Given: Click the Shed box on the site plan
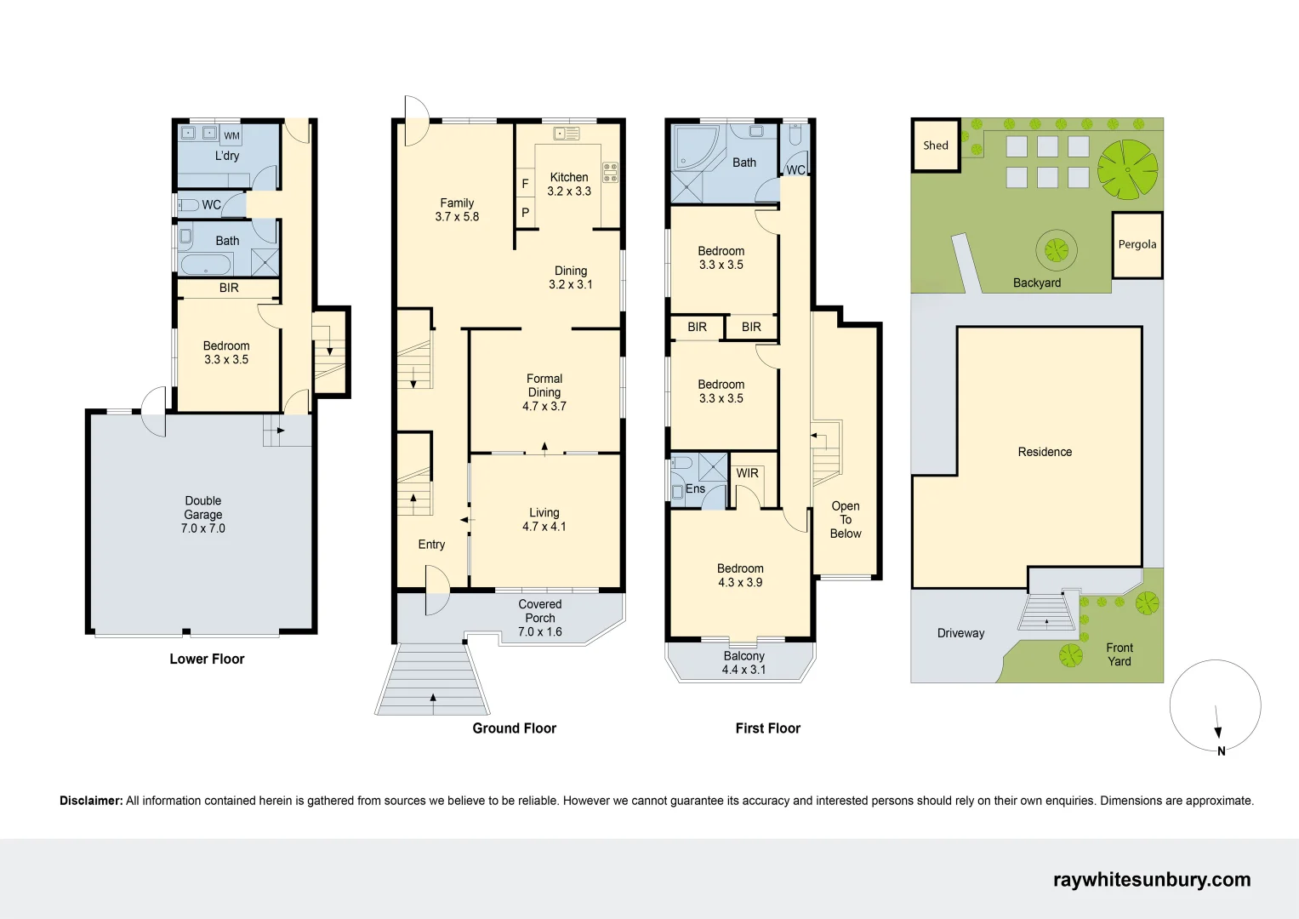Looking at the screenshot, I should (x=936, y=146).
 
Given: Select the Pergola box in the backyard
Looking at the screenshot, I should (x=1137, y=245).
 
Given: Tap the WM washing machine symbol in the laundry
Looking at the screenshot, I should (x=231, y=135).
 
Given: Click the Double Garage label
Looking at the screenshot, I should (x=203, y=514).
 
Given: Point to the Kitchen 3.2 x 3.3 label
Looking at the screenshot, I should (x=569, y=184).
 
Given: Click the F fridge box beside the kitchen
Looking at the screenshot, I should (x=525, y=184).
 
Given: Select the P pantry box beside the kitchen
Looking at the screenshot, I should (x=525, y=213).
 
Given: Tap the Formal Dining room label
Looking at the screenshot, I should (x=544, y=385).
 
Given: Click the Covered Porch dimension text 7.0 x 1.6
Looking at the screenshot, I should (x=540, y=632).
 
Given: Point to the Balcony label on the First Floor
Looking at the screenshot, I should (x=744, y=656).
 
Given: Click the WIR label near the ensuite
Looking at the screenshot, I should (x=747, y=473).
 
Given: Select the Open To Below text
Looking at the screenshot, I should (x=846, y=520).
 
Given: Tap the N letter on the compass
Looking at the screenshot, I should (x=1222, y=751).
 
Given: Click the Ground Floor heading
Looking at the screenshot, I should (x=514, y=728).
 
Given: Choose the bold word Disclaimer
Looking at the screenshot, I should (x=91, y=801).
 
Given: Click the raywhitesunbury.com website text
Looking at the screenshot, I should (x=1152, y=880).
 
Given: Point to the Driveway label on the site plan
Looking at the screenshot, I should (x=960, y=633).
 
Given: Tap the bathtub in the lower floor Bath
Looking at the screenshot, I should (x=207, y=264).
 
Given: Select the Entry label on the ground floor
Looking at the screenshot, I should (x=431, y=545).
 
